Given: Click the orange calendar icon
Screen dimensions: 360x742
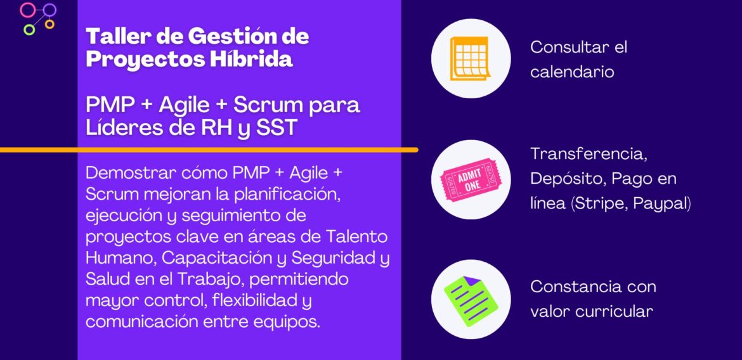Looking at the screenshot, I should click(x=470, y=58).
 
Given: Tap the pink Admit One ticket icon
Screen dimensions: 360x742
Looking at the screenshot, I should click(x=470, y=179).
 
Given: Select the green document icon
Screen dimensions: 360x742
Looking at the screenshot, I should click(x=470, y=299).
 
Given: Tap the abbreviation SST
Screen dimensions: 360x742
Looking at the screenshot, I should click(x=276, y=127).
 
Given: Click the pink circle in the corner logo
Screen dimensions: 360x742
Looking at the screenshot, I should click(x=27, y=10).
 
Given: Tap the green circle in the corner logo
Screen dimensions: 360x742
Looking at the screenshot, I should click(x=29, y=29).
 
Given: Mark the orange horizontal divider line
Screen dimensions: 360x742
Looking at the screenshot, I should click(x=209, y=150).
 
